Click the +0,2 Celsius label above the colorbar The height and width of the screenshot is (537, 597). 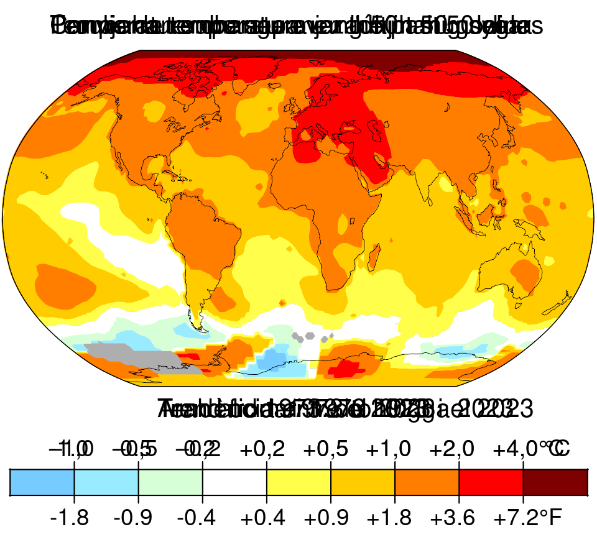(267, 448)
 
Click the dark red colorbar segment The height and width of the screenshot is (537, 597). (555, 482)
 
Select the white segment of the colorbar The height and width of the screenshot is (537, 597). (234, 482)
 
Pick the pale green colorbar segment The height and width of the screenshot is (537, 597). (170, 482)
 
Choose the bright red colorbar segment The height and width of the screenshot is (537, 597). (491, 482)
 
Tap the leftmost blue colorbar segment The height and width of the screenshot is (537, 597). (42, 482)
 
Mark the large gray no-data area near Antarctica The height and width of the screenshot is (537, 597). (137, 359)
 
